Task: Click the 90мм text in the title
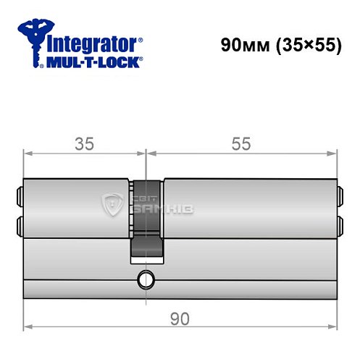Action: tap(243, 44)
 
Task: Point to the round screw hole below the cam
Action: tap(147, 277)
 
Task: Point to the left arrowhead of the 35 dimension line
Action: tap(28, 153)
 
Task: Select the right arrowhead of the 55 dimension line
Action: tap(334, 153)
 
